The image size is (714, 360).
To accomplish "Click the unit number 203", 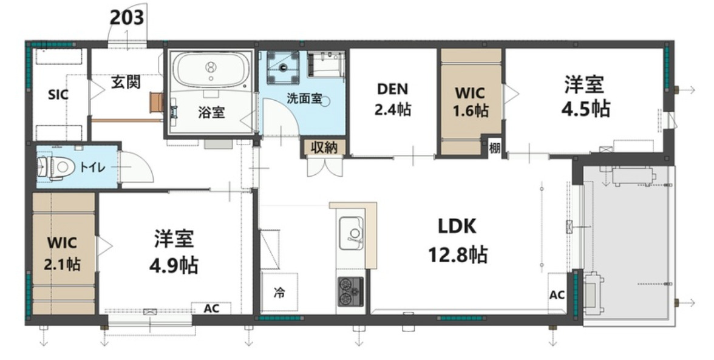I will click(x=127, y=18).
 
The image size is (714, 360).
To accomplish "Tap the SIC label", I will click(x=58, y=95).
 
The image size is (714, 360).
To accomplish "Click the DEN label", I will click(x=393, y=89).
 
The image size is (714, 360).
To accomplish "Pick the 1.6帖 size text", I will click(x=471, y=111).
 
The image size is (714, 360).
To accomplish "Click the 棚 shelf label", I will click(x=495, y=148).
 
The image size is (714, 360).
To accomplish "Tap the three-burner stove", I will click(x=350, y=291).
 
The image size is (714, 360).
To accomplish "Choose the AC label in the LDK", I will click(x=557, y=295).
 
